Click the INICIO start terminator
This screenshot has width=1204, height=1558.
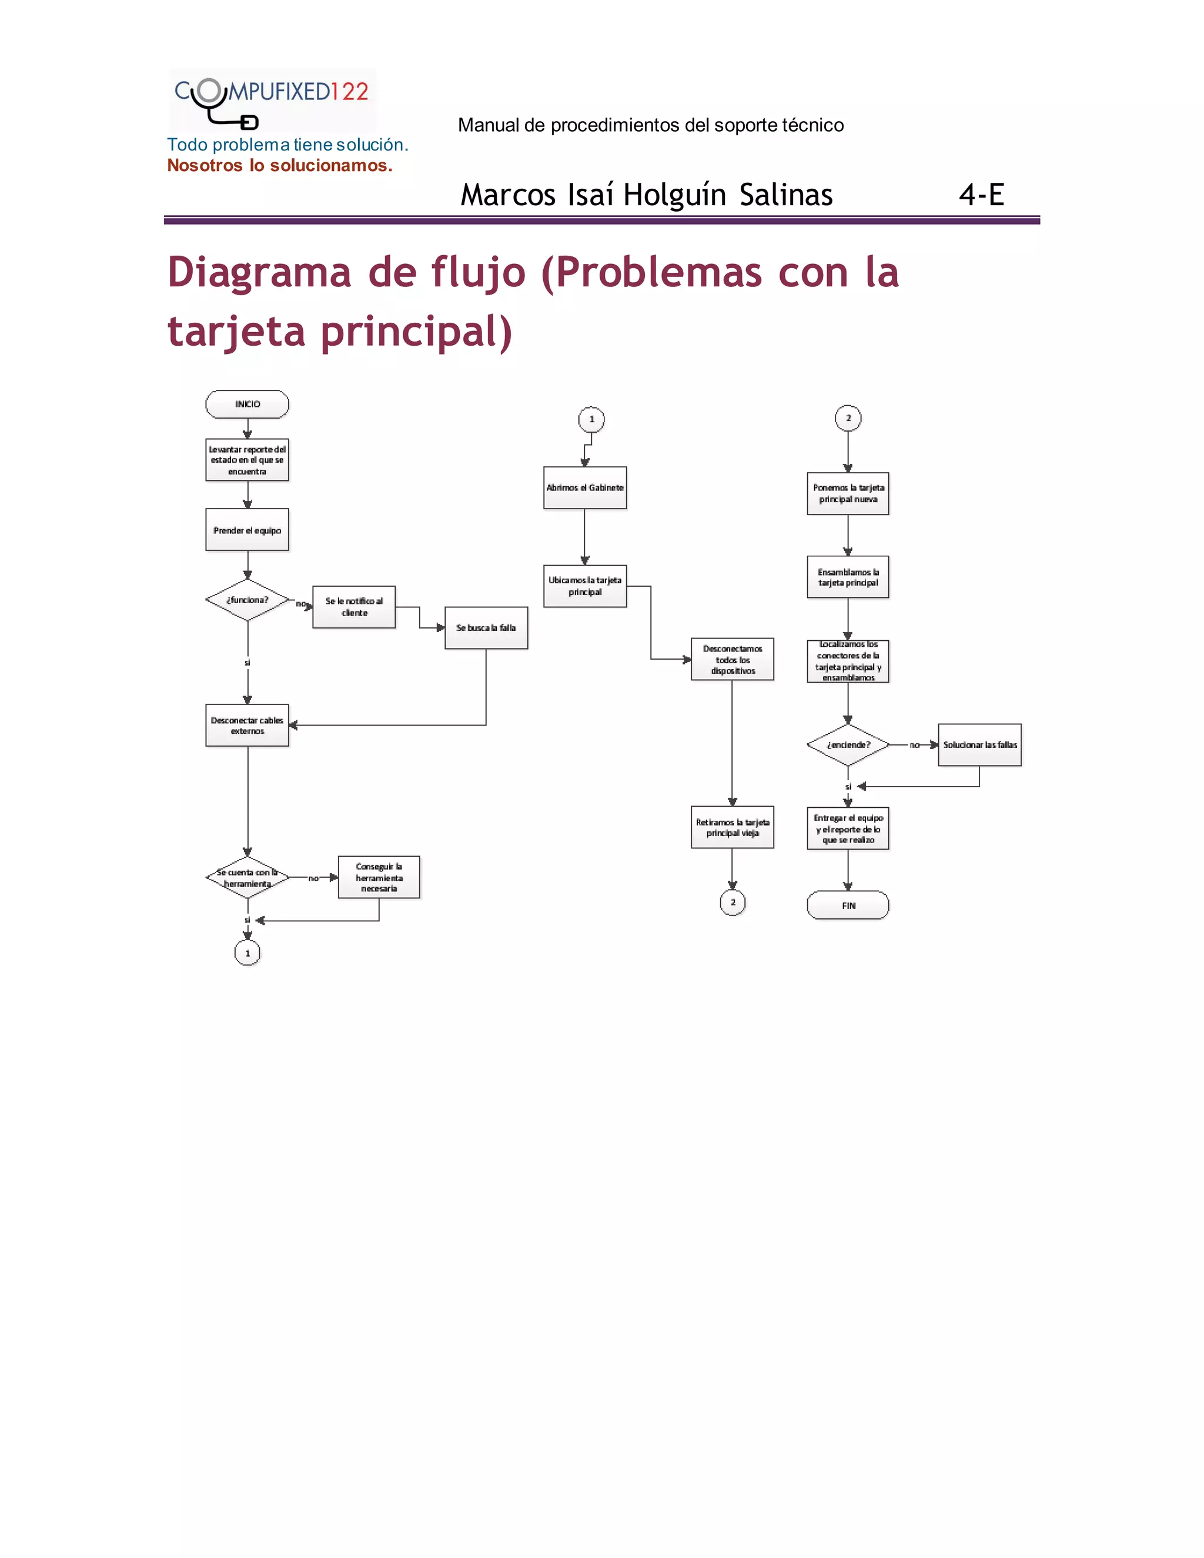pos(247,404)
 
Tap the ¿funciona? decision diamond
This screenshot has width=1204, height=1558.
pos(247,600)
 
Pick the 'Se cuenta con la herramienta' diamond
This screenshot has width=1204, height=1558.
pos(247,877)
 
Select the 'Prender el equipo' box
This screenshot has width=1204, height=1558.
pos(247,530)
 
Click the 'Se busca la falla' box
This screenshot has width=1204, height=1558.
pos(486,628)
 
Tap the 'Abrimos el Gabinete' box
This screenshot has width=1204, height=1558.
pos(585,488)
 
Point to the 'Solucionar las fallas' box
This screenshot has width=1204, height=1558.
pos(979,745)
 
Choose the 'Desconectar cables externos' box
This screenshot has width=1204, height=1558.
pos(247,725)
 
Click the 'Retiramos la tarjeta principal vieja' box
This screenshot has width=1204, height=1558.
pos(733,828)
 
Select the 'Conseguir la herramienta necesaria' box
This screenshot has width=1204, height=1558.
pos(379,877)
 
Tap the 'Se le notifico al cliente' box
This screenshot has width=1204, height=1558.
pos(354,607)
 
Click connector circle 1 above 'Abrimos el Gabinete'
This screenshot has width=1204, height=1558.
pos(591,419)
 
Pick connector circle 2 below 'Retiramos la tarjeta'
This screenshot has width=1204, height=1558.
pos(733,902)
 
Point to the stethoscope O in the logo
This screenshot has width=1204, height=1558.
pos(209,91)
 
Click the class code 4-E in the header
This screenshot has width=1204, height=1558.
pos(981,195)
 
